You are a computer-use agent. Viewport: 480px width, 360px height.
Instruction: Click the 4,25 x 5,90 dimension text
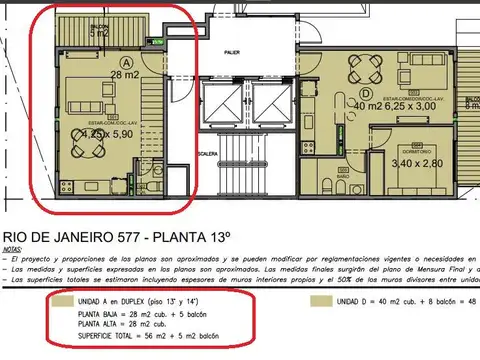[x=105, y=130]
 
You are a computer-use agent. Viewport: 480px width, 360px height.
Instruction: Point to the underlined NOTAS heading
[x=13, y=246]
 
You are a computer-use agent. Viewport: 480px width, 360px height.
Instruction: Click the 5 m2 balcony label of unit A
[x=99, y=33]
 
